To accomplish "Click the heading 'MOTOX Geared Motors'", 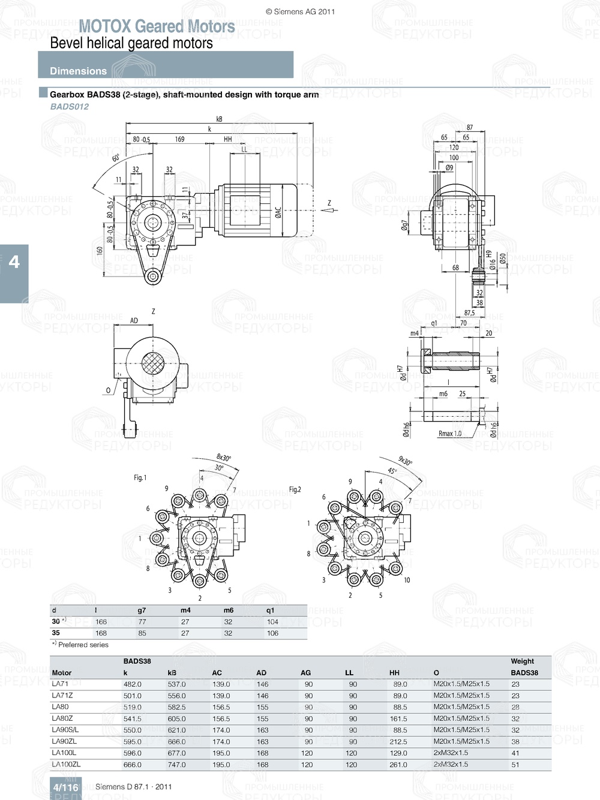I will (x=157, y=26).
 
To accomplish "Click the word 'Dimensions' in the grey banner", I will (x=78, y=71).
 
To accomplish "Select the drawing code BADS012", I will (x=69, y=107).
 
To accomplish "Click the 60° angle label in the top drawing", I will (x=116, y=158).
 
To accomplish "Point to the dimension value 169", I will (x=179, y=139).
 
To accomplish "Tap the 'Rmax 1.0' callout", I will (x=450, y=434).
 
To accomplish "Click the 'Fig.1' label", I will (x=140, y=477).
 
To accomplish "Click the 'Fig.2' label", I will (x=295, y=489).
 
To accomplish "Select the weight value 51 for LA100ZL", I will (x=515, y=765).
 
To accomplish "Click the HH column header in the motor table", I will (x=394, y=673).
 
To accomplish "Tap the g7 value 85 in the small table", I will (x=142, y=633).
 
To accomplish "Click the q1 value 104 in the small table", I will (x=272, y=622).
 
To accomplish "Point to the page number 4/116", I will (x=65, y=787).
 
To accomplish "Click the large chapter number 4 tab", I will (x=14, y=261).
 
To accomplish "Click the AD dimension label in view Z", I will (x=134, y=321).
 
